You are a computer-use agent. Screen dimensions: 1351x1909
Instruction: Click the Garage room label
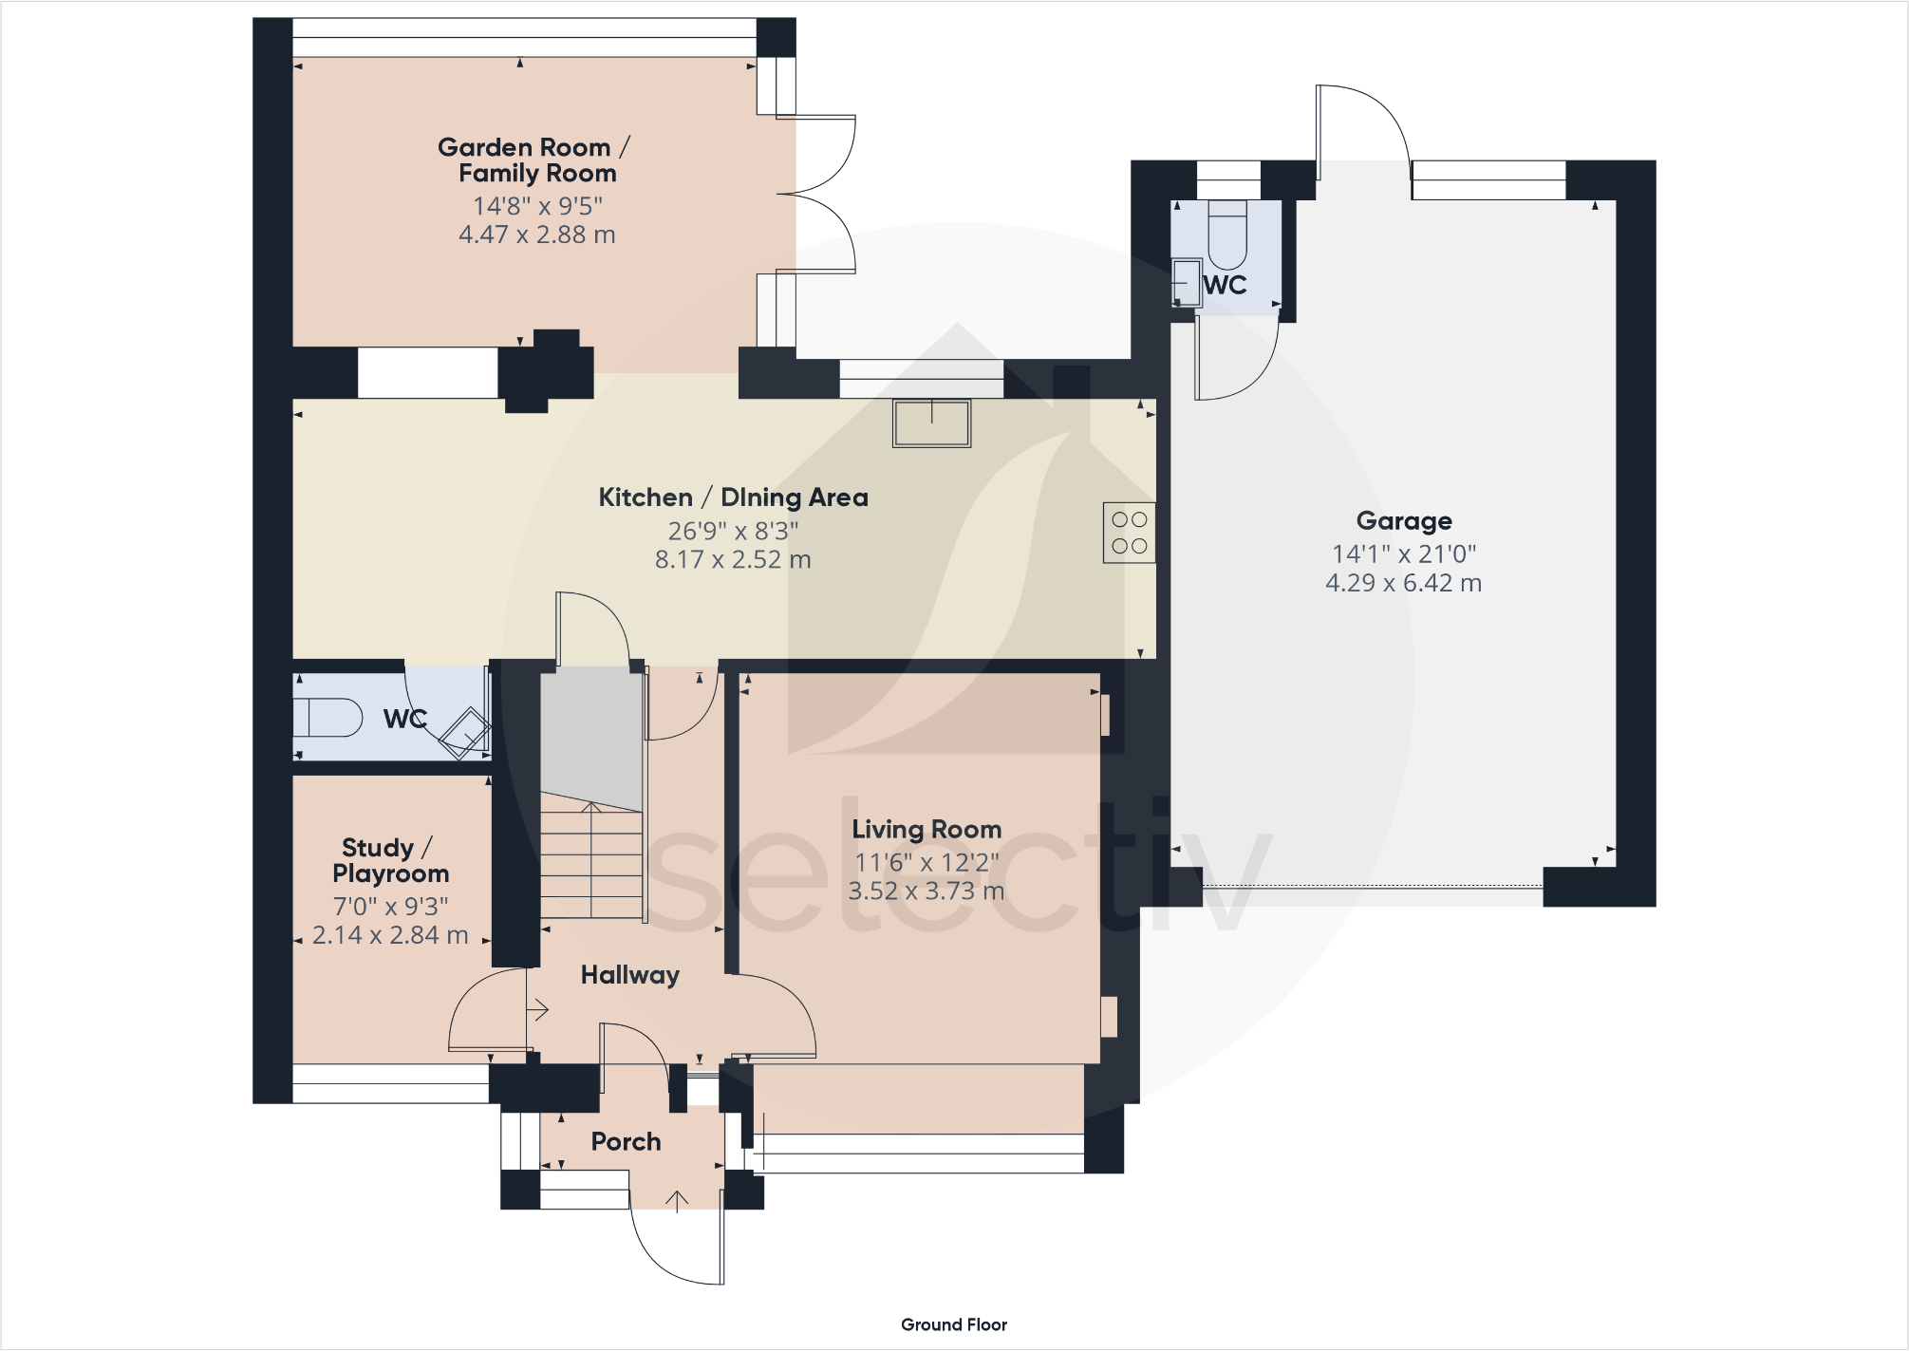point(1403,521)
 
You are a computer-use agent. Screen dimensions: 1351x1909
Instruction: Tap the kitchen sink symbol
point(931,423)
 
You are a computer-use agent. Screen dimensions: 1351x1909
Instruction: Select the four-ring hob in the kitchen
point(1129,533)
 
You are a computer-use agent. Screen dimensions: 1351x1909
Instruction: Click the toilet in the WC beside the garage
point(1226,236)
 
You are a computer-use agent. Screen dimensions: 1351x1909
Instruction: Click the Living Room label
point(926,830)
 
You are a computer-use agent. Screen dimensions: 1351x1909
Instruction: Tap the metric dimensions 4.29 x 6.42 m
point(1403,583)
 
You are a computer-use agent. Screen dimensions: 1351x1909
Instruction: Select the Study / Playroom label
point(390,860)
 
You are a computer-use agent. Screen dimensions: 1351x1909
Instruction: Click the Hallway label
point(629,975)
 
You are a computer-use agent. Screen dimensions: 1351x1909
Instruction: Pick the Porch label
point(626,1141)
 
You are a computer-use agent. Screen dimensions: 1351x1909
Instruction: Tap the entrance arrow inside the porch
point(676,1201)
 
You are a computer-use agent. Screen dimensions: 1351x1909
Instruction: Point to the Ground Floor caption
point(953,1324)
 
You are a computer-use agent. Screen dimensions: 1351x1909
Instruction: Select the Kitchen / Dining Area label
point(733,497)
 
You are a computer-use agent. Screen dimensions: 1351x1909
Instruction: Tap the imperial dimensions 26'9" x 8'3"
point(733,531)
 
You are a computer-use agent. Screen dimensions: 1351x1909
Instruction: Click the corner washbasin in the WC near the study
point(466,732)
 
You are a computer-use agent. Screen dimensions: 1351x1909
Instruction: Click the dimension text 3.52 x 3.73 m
point(926,891)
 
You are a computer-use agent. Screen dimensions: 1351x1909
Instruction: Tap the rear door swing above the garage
point(1363,123)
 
